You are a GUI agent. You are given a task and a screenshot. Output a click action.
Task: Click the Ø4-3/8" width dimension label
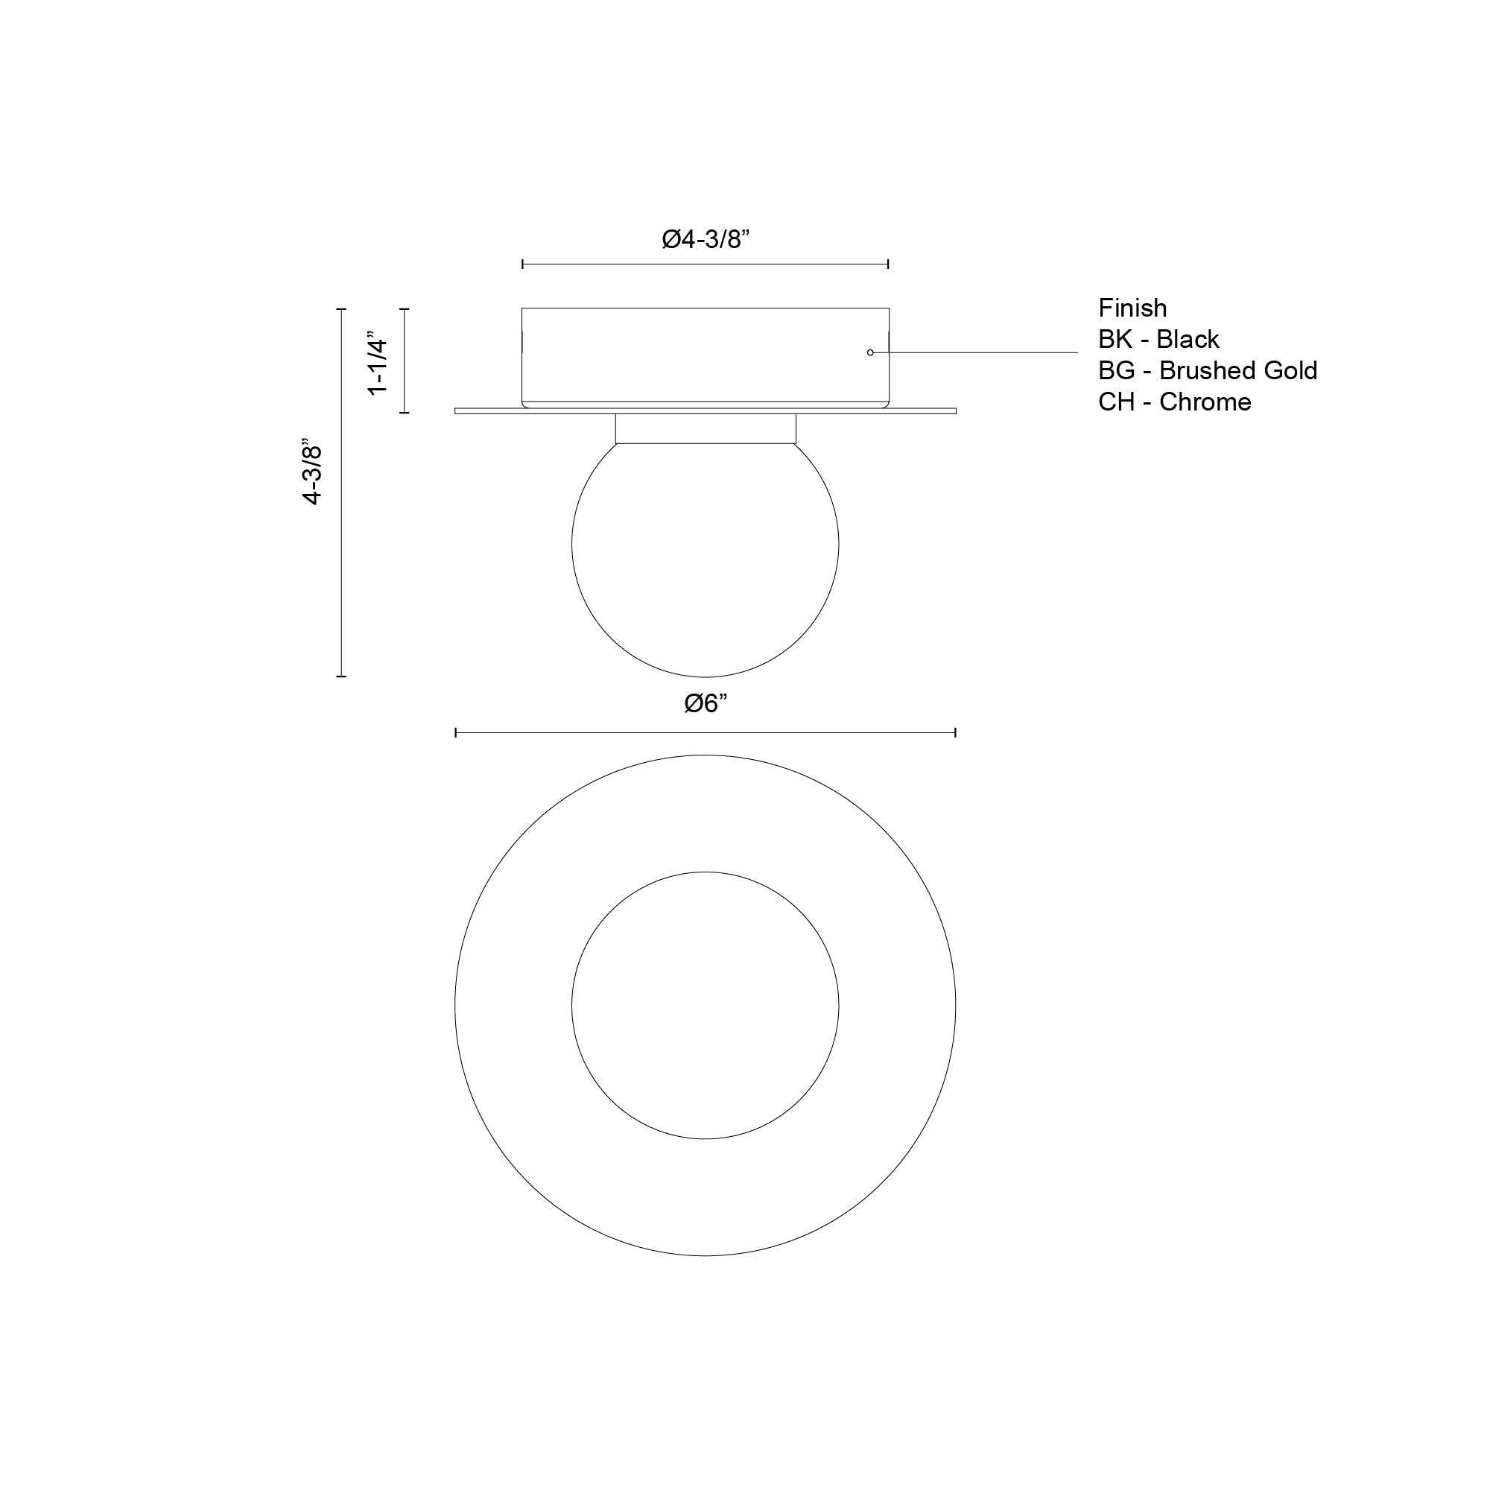(706, 240)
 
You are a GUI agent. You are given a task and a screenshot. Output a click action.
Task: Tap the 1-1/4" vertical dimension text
(377, 364)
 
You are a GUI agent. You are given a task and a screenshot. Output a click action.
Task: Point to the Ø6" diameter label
(706, 703)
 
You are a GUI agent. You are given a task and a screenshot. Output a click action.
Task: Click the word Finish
(1132, 308)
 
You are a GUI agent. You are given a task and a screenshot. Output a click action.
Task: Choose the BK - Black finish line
(1158, 339)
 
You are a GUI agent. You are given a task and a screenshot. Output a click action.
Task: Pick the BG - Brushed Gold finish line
(1207, 371)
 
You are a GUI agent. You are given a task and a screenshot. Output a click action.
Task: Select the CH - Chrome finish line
(1174, 402)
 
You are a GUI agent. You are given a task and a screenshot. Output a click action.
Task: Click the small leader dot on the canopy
(870, 352)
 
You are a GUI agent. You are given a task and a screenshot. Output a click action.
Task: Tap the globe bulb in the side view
(705, 555)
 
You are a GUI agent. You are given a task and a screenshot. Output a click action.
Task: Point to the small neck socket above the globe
(705, 429)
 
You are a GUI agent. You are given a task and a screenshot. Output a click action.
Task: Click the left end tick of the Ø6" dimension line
(456, 732)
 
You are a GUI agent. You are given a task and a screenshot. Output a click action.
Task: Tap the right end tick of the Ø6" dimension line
(956, 732)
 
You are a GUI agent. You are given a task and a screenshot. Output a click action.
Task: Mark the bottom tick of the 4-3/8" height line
(342, 676)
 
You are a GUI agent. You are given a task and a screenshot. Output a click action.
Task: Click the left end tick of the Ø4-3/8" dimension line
(523, 264)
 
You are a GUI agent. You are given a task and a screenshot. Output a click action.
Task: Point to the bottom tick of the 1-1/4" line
(403, 413)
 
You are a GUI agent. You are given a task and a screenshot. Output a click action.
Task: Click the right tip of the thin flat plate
(955, 411)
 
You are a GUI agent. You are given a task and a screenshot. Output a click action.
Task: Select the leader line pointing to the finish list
(976, 352)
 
